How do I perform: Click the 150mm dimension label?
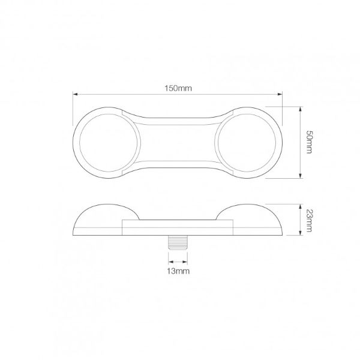click(178, 88)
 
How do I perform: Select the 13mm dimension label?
click(178, 272)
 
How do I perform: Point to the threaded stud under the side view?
click(178, 243)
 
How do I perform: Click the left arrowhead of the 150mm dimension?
click(76, 94)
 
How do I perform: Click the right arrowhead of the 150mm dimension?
click(280, 94)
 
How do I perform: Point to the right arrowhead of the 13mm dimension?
click(186, 262)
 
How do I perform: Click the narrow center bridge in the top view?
click(178, 143)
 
